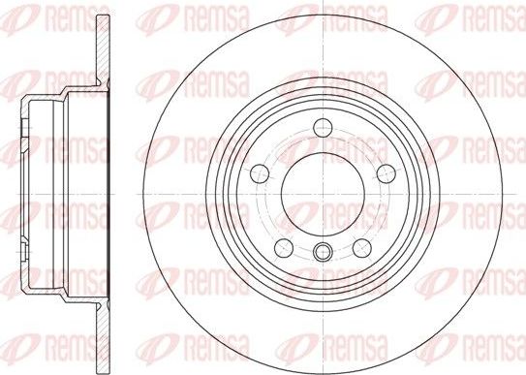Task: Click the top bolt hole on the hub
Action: coord(323,126)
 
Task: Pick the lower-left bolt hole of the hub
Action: coord(284,244)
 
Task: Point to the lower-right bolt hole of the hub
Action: coord(361,244)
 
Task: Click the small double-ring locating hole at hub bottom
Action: coord(323,255)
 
